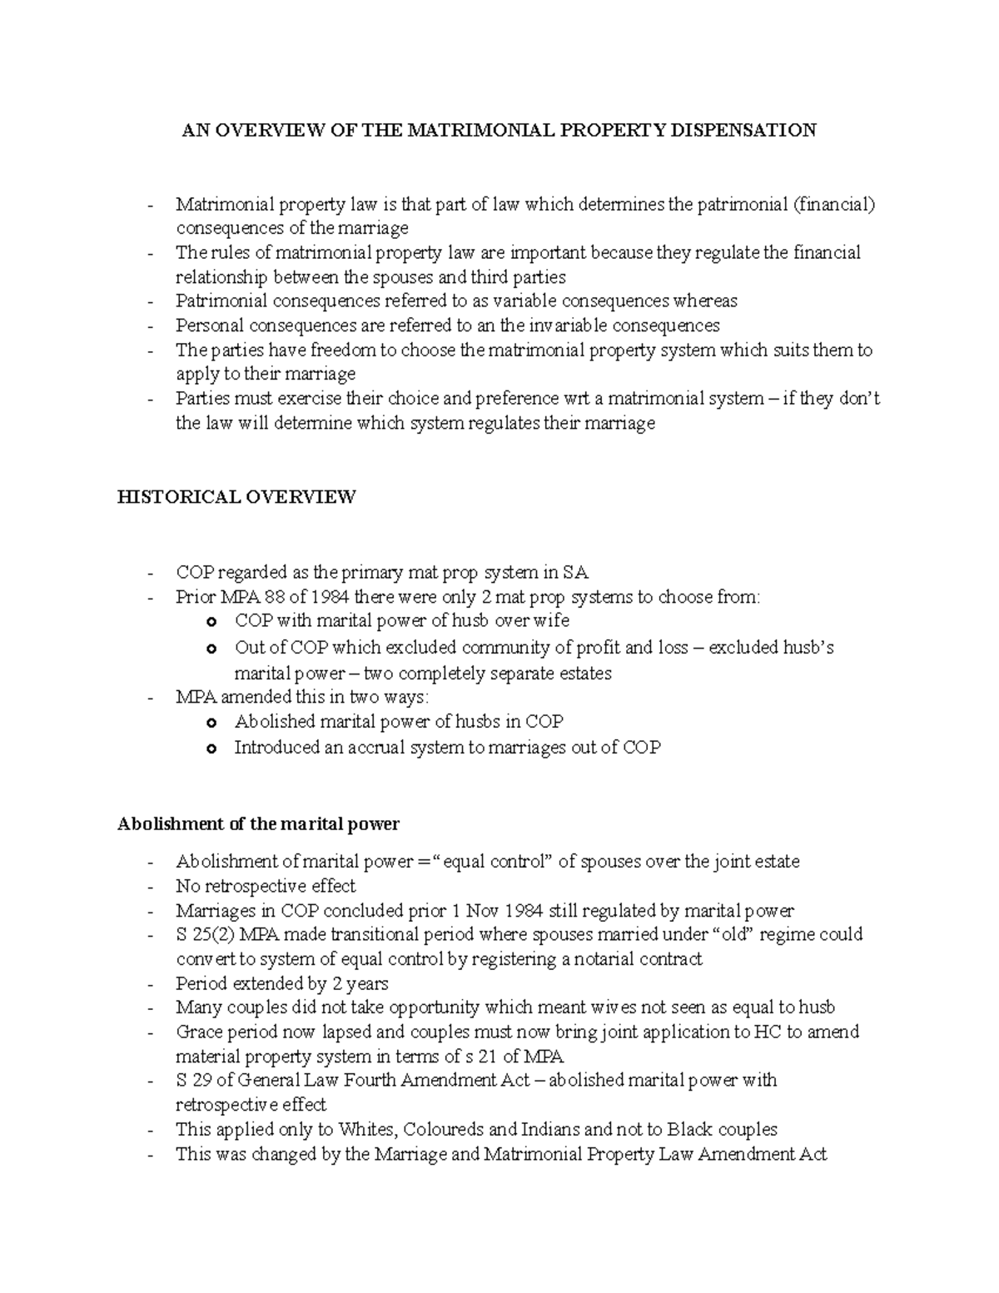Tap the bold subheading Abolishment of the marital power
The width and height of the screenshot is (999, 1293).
tap(258, 823)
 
